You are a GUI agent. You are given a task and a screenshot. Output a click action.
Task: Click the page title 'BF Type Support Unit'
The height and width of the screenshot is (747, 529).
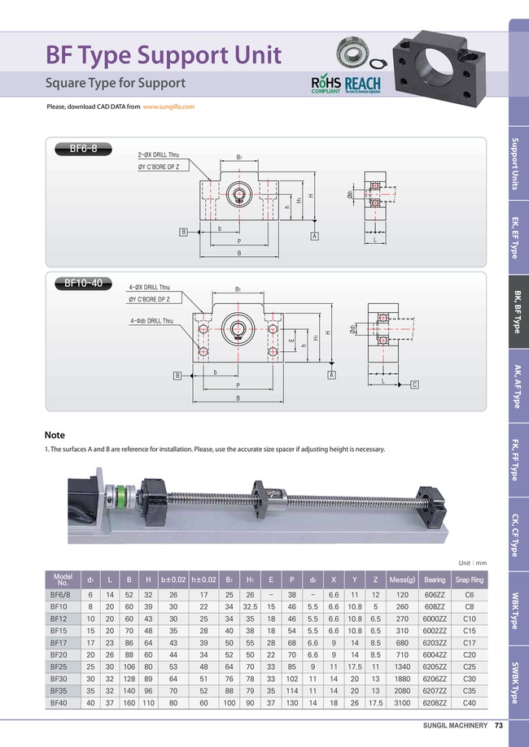(164, 54)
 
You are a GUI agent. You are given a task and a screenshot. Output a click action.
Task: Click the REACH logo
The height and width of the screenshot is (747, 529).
(363, 85)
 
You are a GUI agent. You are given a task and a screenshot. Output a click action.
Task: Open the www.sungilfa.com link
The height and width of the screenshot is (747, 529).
(168, 107)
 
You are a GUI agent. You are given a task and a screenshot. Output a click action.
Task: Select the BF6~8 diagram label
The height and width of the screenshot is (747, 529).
(83, 149)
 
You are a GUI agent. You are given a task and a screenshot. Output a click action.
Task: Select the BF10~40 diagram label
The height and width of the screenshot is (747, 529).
(83, 284)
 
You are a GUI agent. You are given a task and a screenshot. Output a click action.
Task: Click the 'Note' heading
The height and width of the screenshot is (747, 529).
(55, 435)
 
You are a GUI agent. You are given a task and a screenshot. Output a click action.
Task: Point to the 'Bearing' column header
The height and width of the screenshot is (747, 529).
(435, 580)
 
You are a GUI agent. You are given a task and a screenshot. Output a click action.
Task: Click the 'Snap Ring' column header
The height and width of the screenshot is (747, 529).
(470, 580)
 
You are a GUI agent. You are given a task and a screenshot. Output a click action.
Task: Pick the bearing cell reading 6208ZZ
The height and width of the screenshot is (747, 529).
(435, 702)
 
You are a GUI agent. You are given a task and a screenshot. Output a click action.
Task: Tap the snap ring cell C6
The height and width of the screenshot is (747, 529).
(470, 595)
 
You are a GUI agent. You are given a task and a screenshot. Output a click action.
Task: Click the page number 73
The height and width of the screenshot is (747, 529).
(499, 726)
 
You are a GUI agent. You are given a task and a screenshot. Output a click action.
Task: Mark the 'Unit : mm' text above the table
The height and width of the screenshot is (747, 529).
(472, 562)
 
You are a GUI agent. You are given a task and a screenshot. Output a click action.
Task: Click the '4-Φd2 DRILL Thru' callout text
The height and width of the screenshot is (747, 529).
(151, 321)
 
